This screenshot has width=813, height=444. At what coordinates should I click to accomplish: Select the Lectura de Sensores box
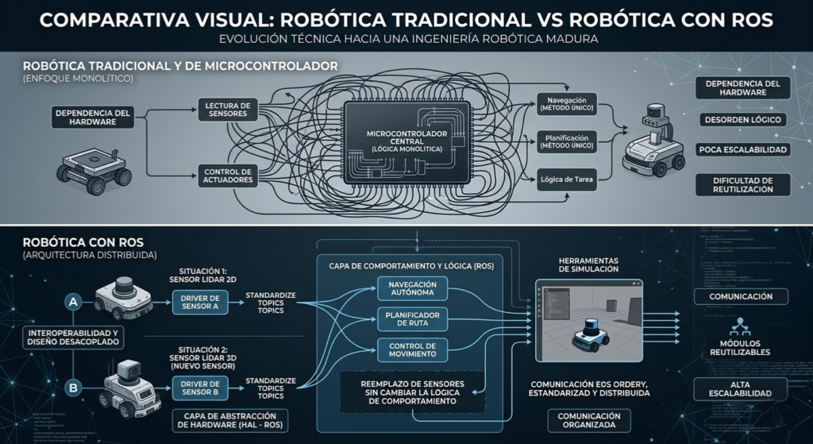pos(227,110)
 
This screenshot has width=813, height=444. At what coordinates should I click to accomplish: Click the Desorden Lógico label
pos(742,120)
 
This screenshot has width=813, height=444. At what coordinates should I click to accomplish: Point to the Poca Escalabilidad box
pos(743,149)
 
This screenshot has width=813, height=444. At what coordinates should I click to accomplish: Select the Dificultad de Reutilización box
pos(742,185)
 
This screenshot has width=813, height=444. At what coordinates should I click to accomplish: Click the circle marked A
pos(74,302)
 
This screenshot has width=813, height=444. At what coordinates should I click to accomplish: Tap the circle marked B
pos(74,388)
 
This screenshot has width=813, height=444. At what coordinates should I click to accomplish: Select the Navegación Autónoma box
pos(413,289)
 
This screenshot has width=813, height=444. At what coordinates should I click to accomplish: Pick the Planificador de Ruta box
pos(413,319)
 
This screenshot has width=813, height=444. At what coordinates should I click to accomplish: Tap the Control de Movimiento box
pos(413,349)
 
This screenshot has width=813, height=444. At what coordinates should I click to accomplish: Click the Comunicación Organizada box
pos(589,420)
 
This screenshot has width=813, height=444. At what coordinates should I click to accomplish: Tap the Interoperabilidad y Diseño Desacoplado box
pos(73,337)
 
